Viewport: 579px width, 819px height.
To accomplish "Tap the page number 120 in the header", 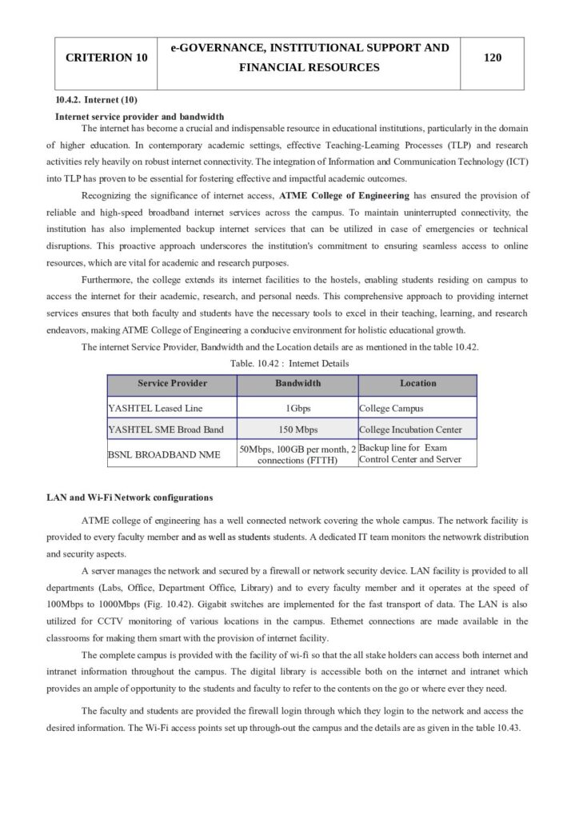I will click(493, 58).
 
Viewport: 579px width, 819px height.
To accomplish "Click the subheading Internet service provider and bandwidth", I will click(139, 117).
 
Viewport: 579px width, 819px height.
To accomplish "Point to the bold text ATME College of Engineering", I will click(344, 195).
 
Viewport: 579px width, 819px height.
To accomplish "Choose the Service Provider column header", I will click(172, 384).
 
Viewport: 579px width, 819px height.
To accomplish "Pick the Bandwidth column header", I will click(297, 384).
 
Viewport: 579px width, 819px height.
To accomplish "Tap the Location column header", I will click(417, 384).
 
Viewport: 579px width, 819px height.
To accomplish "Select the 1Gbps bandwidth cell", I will click(297, 408).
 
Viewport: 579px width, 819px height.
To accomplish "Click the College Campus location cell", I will click(391, 408).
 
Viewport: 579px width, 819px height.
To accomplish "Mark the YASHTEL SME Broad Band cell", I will click(166, 430).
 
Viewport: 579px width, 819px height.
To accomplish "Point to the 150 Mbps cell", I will click(297, 430).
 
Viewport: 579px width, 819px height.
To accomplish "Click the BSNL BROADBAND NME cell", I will click(163, 454).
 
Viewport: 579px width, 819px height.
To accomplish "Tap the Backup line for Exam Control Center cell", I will click(409, 454).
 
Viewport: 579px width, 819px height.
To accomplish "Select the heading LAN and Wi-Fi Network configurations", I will click(130, 497).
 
